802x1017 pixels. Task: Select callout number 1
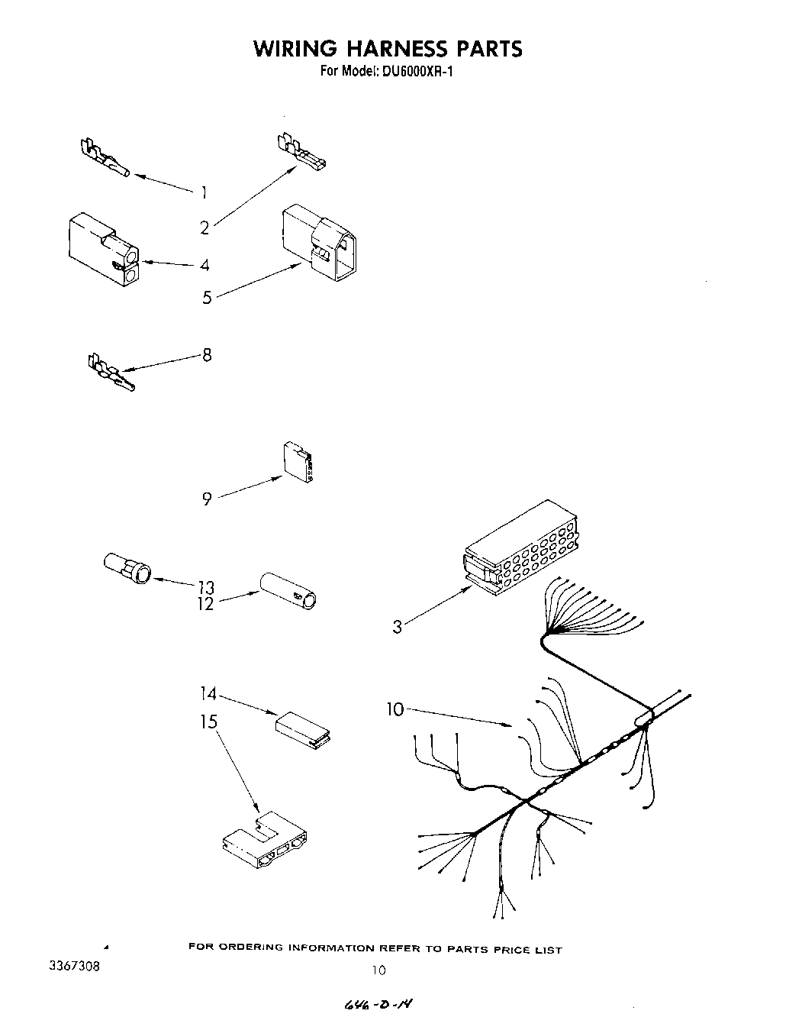(203, 192)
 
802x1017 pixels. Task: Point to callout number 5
(207, 298)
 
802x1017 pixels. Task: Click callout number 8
(207, 354)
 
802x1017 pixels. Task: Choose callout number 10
(395, 709)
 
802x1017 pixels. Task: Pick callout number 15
(209, 722)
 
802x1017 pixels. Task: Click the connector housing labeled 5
(319, 242)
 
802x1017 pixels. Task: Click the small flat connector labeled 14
(302, 726)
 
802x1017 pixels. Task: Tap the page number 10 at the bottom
(379, 970)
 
